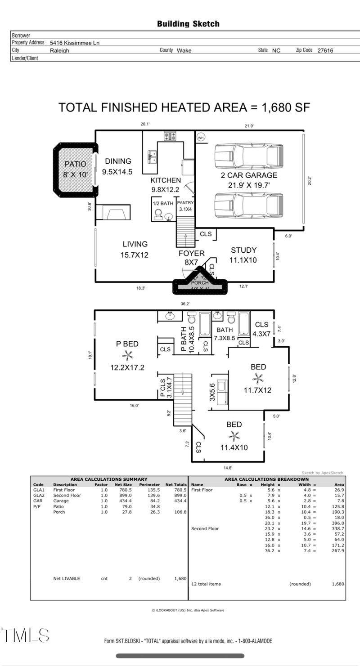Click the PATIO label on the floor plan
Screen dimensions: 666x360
(75, 164)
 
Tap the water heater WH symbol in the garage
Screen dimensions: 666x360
(201, 137)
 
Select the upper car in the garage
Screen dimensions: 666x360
(248, 156)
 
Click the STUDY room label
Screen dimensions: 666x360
(243, 250)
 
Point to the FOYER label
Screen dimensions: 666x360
(192, 254)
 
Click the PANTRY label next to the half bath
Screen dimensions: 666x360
(185, 203)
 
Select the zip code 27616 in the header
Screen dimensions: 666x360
(325, 51)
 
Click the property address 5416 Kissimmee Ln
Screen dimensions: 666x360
(75, 43)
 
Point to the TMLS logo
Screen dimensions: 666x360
(25, 635)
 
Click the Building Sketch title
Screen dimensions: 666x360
(188, 24)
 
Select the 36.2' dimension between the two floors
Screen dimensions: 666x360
(184, 304)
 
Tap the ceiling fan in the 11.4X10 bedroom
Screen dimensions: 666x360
(234, 435)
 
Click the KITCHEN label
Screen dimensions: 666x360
(166, 180)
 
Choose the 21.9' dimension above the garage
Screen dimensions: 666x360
(249, 126)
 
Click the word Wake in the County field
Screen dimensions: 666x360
(184, 51)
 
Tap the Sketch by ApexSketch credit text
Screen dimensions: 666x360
(322, 473)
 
